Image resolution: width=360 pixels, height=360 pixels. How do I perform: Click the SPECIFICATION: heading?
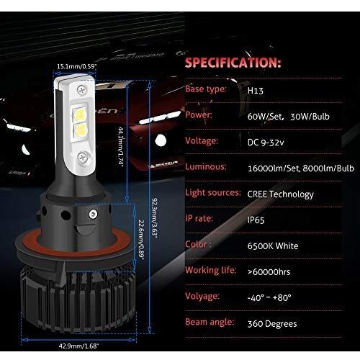click(x=233, y=63)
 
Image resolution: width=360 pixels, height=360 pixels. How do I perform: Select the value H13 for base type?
click(x=256, y=91)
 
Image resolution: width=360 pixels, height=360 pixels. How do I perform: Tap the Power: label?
click(x=199, y=115)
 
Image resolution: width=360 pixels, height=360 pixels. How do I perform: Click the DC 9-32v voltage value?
click(x=266, y=143)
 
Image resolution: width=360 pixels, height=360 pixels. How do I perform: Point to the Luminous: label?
click(x=206, y=166)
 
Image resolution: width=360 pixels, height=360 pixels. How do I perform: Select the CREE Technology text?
click(x=281, y=194)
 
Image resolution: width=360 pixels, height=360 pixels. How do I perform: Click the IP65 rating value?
click(x=256, y=220)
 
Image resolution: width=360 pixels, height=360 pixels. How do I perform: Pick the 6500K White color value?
click(x=273, y=246)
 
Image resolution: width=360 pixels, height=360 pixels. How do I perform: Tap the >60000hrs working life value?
click(x=269, y=272)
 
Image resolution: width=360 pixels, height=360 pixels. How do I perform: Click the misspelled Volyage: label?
click(x=202, y=297)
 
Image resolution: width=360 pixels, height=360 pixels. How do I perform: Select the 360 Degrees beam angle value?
click(x=272, y=324)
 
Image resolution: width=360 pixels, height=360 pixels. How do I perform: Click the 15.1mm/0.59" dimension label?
click(x=77, y=66)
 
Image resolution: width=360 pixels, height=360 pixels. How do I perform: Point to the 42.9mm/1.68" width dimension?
click(x=78, y=346)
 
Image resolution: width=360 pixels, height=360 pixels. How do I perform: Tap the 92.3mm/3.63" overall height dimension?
click(x=155, y=218)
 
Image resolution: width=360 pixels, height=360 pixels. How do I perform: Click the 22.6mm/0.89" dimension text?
click(x=141, y=240)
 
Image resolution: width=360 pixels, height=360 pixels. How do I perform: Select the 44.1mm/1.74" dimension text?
click(x=122, y=146)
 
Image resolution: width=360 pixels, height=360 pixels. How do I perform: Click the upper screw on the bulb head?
click(x=82, y=90)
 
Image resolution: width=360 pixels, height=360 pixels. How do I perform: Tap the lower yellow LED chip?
click(x=80, y=130)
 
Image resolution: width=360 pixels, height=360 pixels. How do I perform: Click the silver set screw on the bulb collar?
click(x=94, y=215)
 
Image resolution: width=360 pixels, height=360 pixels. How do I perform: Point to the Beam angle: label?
click(x=210, y=322)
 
